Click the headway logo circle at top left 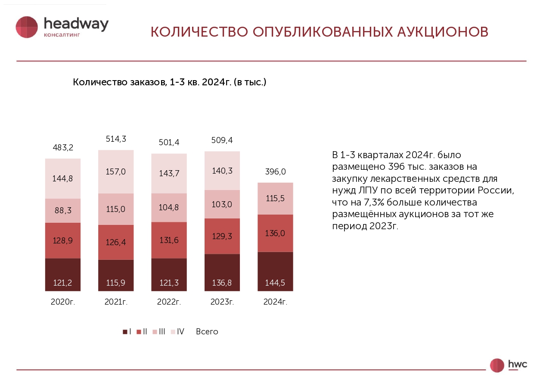click(x=27, y=27)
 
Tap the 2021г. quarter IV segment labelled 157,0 click(x=115, y=171)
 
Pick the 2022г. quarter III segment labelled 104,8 click(x=169, y=207)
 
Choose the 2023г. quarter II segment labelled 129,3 click(x=222, y=236)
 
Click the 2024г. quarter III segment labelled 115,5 click(x=275, y=198)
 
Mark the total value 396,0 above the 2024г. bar click(x=275, y=171)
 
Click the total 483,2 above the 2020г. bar click(x=62, y=147)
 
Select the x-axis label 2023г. click(x=222, y=302)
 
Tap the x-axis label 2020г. click(x=62, y=302)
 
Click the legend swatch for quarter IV click(x=173, y=332)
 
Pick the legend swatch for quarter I click(x=125, y=332)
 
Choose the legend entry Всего click(x=207, y=332)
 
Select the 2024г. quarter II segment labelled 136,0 click(x=275, y=233)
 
